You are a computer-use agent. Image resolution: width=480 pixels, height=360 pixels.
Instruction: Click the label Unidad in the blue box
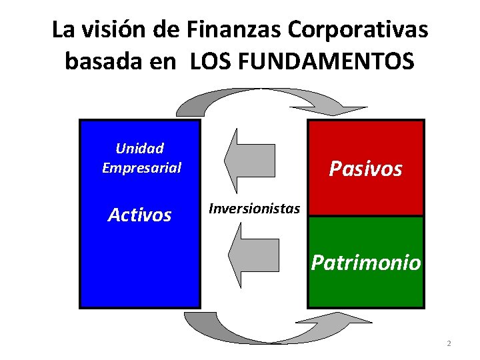(140, 148)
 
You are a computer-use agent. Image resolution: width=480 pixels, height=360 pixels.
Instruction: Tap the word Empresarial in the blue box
(141, 167)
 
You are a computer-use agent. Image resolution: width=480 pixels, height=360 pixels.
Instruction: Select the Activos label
(140, 215)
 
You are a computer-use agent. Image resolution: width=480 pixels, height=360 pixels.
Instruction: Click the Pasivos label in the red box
(366, 169)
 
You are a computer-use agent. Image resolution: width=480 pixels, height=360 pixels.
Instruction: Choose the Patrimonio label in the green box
(366, 263)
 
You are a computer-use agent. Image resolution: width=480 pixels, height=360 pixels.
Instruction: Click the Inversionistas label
(254, 209)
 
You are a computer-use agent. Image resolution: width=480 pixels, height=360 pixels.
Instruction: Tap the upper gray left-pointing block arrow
(249, 160)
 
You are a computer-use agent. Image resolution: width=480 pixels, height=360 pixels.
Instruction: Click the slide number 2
(449, 344)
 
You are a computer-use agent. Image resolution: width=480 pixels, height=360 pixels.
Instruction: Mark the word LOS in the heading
(210, 62)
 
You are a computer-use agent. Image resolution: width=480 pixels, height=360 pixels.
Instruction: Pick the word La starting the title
(62, 30)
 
